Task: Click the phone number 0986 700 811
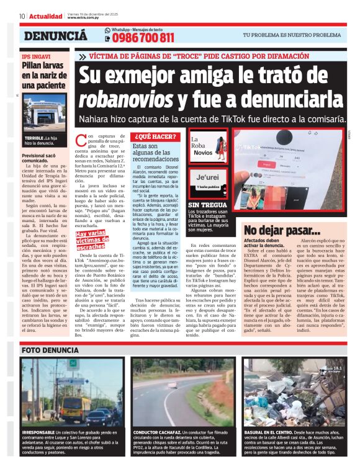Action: (x=143, y=38)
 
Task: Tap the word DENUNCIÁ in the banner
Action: (x=55, y=35)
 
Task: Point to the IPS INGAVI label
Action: (x=38, y=56)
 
